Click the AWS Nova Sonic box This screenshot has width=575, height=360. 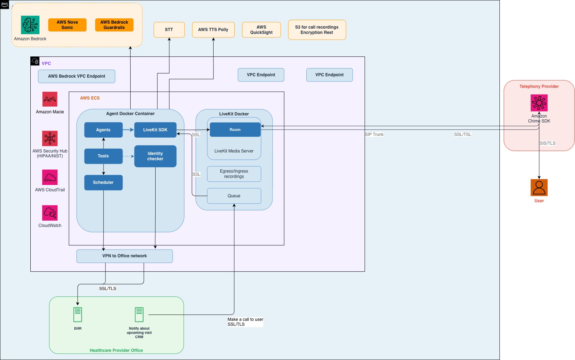(67, 25)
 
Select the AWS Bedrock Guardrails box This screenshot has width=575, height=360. (114, 25)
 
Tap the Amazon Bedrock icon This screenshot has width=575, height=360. (30, 25)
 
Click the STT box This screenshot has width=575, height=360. (169, 30)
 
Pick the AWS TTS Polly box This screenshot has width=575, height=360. (213, 30)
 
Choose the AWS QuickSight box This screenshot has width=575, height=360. (261, 30)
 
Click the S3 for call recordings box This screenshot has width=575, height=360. (317, 30)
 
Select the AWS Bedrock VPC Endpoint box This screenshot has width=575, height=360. (77, 76)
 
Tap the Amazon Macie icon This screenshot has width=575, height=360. (50, 99)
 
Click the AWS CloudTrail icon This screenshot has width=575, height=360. (50, 177)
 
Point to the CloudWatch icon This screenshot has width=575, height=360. (50, 213)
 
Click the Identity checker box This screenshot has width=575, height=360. (155, 156)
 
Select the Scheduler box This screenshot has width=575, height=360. (103, 182)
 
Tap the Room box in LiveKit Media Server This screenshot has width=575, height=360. (235, 130)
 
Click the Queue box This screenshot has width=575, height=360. (234, 196)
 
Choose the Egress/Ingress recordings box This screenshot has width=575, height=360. (234, 174)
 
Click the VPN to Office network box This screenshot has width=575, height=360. (125, 256)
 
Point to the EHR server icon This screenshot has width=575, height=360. (78, 314)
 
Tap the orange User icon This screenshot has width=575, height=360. (539, 187)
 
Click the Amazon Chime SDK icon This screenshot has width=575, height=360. (539, 103)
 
